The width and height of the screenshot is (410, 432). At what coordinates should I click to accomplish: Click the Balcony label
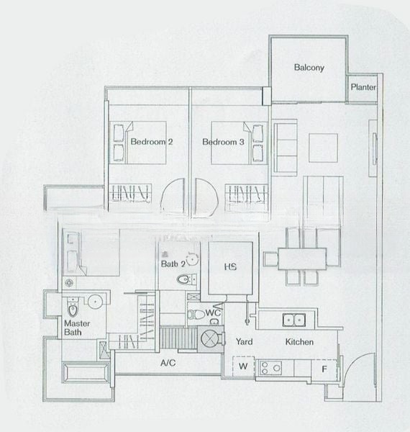tap(309, 68)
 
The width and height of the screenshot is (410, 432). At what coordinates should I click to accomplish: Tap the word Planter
tap(363, 88)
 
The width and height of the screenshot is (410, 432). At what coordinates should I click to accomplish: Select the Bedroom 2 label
tap(151, 143)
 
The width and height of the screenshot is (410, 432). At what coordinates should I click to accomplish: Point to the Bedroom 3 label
tap(224, 143)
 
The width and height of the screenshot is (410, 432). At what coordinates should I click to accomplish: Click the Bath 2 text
tap(173, 265)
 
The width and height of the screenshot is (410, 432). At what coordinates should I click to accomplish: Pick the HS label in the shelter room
tap(230, 268)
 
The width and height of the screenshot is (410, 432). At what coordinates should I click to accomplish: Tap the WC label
tap(212, 313)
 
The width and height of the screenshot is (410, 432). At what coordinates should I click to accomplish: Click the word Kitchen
tap(299, 341)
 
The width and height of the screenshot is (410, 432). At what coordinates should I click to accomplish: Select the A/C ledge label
tap(168, 364)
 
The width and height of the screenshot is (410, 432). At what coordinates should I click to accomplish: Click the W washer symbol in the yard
tap(243, 366)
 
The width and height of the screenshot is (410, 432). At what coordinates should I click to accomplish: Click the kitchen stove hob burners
tap(270, 368)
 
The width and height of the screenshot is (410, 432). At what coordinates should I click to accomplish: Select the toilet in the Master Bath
tap(72, 309)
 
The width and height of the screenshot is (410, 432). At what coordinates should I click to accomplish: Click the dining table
tap(303, 258)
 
